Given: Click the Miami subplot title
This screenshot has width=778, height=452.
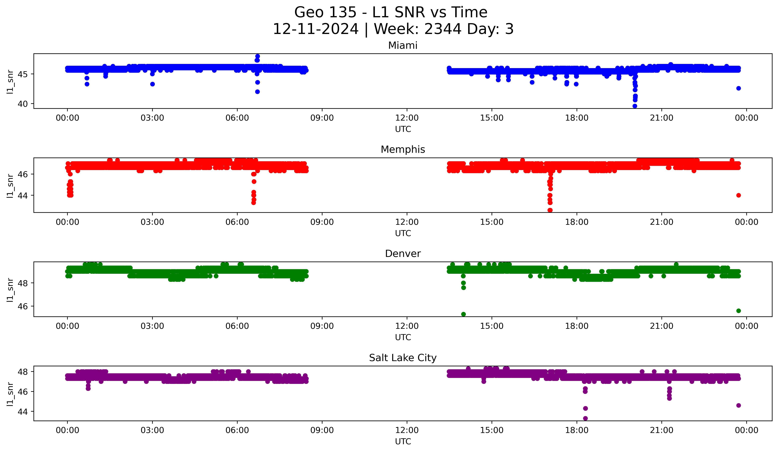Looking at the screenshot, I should [403, 45].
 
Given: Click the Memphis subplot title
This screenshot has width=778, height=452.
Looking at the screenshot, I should [403, 149].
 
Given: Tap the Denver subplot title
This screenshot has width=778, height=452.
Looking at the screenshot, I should [403, 254].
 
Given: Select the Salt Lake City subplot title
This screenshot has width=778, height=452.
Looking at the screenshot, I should [403, 358].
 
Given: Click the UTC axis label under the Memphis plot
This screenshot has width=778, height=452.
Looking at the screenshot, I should [403, 233].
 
